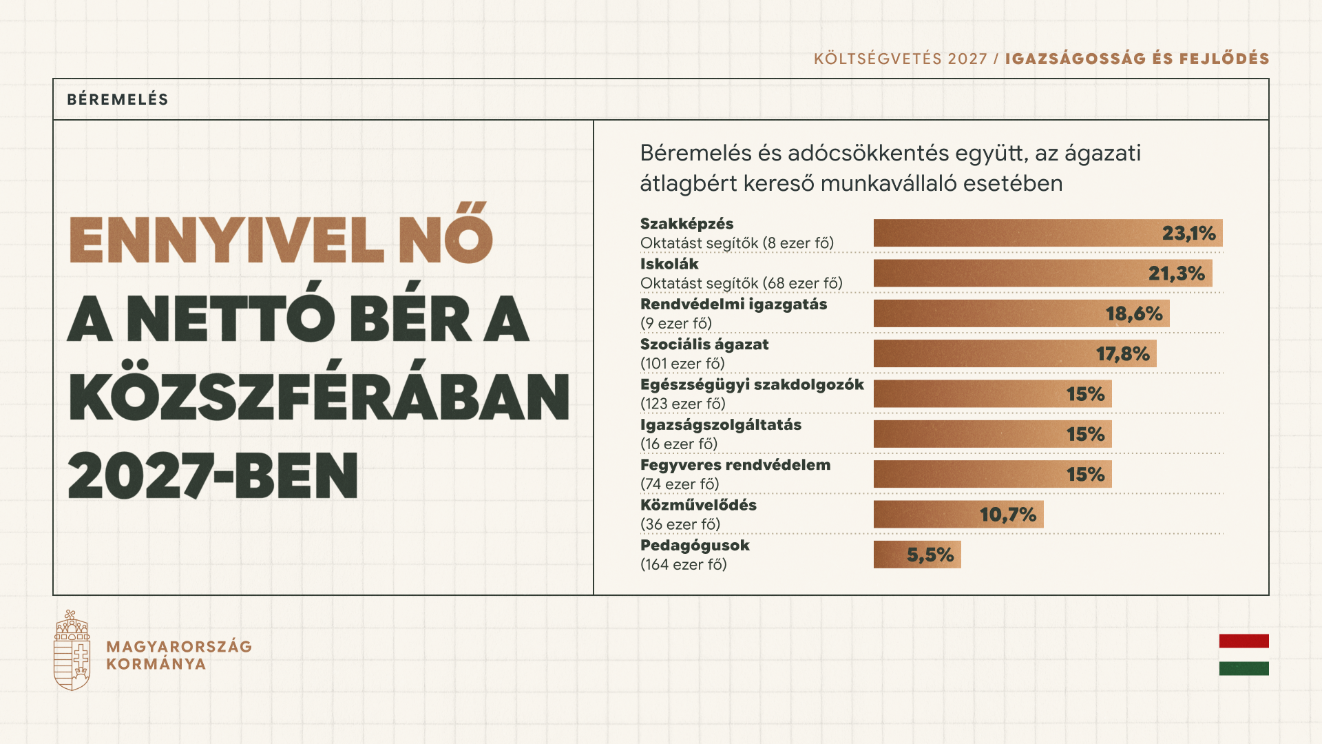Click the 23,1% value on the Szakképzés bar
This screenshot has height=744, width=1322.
[x=1188, y=234]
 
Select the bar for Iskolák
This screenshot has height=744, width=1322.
[x=1042, y=273]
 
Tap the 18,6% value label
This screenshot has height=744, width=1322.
[x=1134, y=314]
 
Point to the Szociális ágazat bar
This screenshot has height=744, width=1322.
[x=1015, y=354]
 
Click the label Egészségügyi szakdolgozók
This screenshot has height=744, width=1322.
[x=752, y=384]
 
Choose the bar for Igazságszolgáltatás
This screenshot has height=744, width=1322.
[x=992, y=434]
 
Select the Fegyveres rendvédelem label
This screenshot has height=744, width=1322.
[x=735, y=465]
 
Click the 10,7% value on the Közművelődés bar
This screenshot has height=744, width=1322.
[x=1008, y=515]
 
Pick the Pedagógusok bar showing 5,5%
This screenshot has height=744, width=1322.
[x=917, y=555]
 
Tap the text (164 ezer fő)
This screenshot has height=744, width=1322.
[x=683, y=565]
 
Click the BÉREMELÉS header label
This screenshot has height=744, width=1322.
[x=118, y=99]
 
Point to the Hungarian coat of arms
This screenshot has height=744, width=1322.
[x=72, y=650]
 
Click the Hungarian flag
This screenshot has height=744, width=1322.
[x=1244, y=654]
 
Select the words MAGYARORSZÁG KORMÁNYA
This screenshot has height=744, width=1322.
[x=179, y=655]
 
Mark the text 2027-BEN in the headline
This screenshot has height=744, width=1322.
[x=213, y=475]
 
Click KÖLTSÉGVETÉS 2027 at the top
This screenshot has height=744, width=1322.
[x=900, y=59]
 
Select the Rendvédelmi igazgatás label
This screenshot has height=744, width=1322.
[x=733, y=304]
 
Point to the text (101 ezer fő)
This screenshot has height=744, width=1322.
[x=682, y=364]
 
